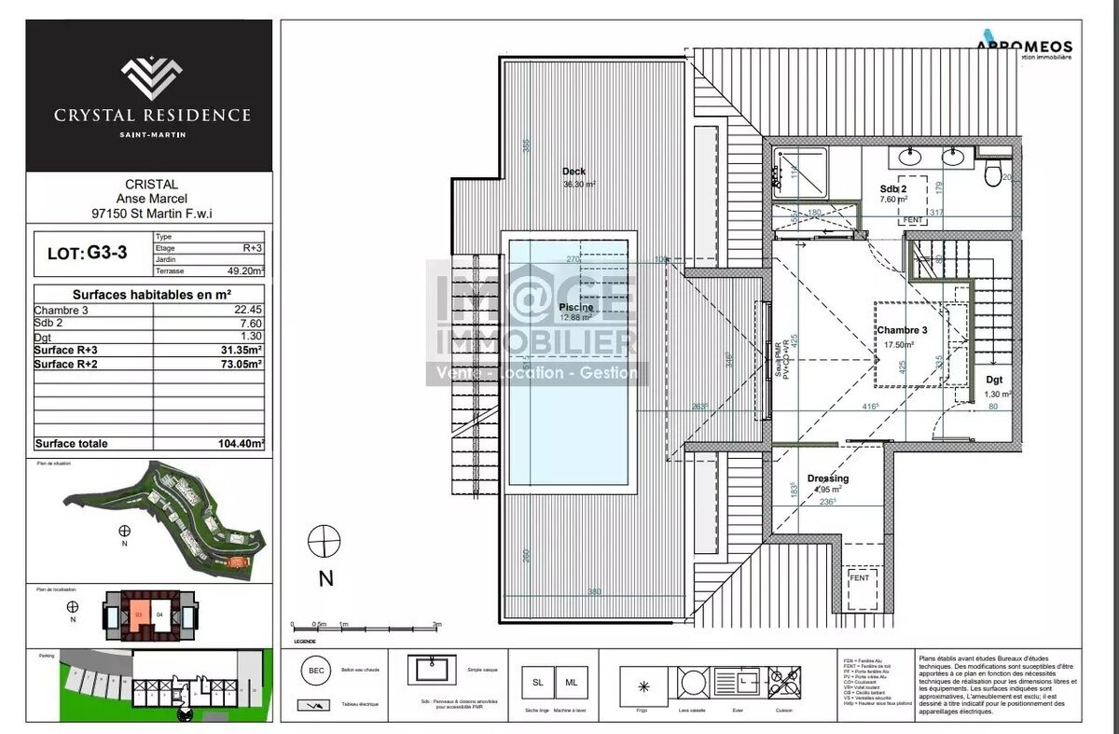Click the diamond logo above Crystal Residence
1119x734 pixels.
click(151, 77)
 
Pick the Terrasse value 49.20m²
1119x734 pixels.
click(247, 271)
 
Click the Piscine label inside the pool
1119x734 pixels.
click(575, 307)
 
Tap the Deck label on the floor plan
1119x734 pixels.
click(573, 172)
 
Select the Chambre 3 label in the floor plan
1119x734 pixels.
click(901, 330)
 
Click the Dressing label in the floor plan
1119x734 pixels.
click(828, 478)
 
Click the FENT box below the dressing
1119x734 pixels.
click(859, 578)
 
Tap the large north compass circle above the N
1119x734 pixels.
click(325, 542)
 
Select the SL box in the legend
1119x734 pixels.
click(537, 683)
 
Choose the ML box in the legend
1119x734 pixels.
click(571, 683)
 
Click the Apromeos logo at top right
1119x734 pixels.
click(1024, 47)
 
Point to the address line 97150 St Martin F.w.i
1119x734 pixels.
click(151, 213)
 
